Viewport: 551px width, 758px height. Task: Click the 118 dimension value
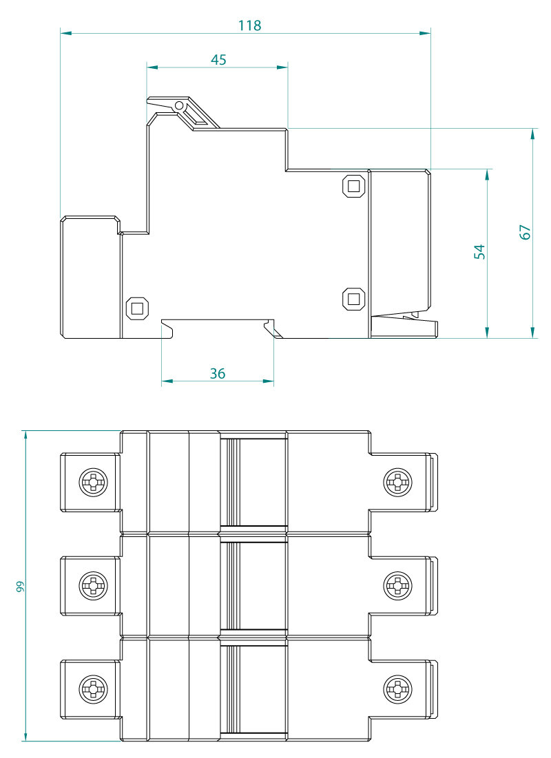pos(249,25)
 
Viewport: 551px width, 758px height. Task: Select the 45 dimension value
pos(218,60)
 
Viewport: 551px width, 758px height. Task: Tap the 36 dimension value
pos(218,374)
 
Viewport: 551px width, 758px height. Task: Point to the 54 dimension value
pos(480,251)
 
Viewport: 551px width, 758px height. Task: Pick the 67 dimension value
pos(526,232)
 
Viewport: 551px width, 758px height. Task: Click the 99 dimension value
pos(21,586)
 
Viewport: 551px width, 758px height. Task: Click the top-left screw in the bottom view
pos(93,481)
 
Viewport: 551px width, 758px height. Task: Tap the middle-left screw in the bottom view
pos(93,586)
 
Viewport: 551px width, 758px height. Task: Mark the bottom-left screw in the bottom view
pos(93,688)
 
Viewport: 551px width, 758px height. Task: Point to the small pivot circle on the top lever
pos(179,106)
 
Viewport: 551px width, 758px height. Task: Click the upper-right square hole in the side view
pos(354,186)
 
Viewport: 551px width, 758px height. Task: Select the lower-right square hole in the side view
pos(354,299)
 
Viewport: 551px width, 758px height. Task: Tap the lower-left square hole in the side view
pos(136,308)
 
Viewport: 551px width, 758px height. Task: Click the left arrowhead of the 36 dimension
pos(166,381)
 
